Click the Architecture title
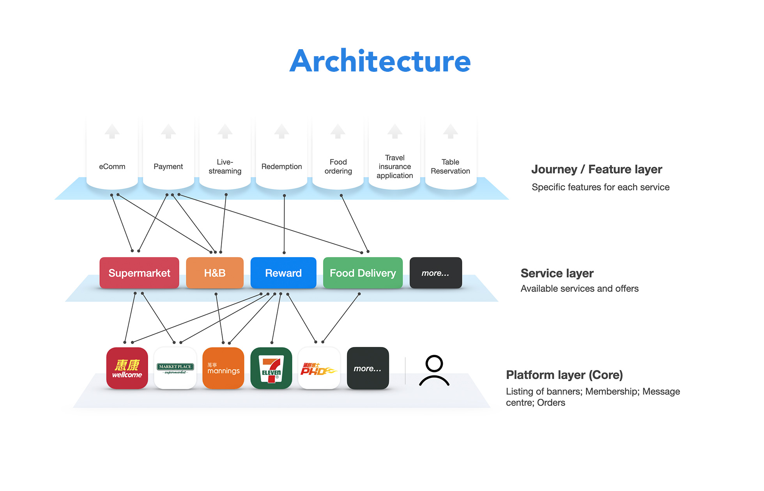[x=380, y=61]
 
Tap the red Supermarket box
[x=139, y=273]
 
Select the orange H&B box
[x=215, y=273]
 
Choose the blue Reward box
[x=283, y=273]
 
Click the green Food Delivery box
[x=363, y=273]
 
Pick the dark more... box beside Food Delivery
[x=435, y=273]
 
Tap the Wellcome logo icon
[x=127, y=368]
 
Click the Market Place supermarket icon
[x=175, y=368]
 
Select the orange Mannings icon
[x=223, y=368]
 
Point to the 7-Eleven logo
[x=271, y=368]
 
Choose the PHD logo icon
[x=319, y=368]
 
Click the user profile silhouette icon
[x=434, y=370]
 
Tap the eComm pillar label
[x=112, y=167]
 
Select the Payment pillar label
[x=168, y=167]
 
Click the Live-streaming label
[x=225, y=167]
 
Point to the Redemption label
[x=281, y=167]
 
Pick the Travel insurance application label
[x=394, y=167]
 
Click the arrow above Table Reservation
[x=451, y=132]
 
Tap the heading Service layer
[x=557, y=273]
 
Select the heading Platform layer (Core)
[x=564, y=375]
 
